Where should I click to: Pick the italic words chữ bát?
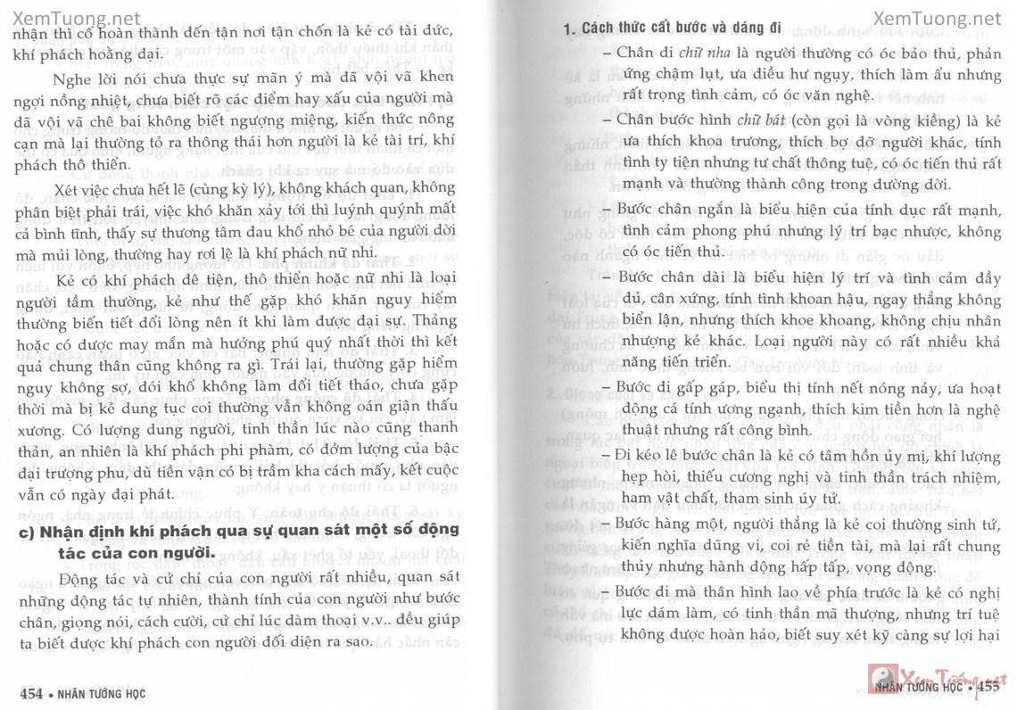(757, 120)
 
